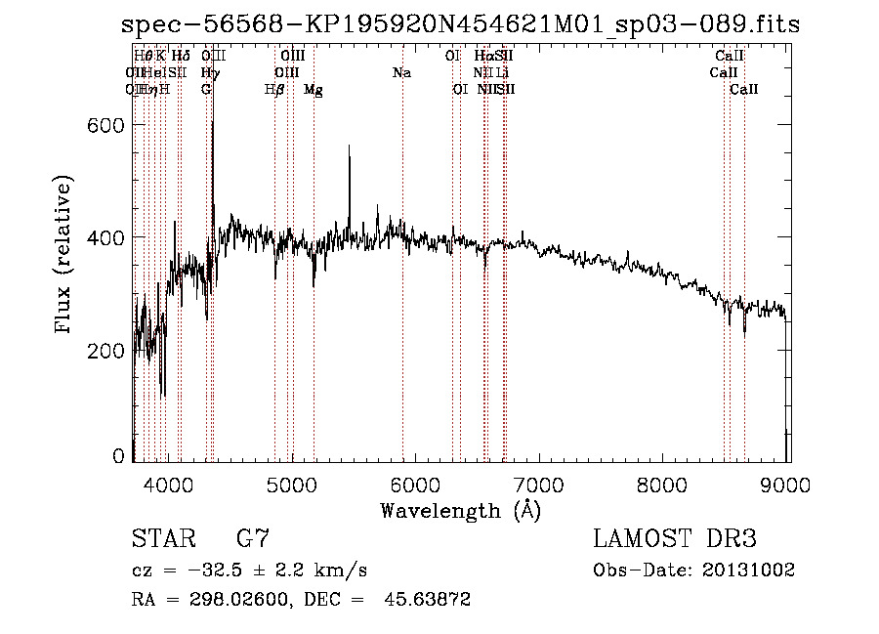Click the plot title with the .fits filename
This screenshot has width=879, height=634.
(460, 24)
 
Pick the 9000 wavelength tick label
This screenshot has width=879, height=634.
(788, 484)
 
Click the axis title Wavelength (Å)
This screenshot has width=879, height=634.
(460, 510)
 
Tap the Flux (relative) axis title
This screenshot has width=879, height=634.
(64, 256)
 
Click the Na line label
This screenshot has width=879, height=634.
(401, 73)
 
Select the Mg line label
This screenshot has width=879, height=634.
(314, 90)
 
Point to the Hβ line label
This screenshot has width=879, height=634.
(274, 90)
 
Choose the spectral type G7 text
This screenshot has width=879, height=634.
(253, 539)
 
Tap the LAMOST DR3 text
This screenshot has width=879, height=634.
(675, 539)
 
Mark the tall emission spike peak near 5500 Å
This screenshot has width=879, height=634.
(349, 147)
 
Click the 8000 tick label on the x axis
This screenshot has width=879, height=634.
(664, 484)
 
